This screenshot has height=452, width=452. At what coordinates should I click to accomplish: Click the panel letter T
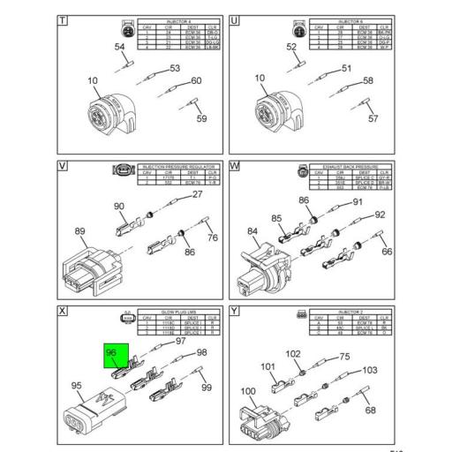coord(62,19)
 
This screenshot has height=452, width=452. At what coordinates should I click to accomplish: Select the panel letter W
coord(235,165)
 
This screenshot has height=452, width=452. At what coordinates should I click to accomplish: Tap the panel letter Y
coord(235,312)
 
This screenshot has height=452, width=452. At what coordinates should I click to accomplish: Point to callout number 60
coord(196,81)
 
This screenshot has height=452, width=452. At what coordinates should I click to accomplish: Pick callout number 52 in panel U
coord(291,47)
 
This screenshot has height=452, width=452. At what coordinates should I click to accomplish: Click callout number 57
coord(373,118)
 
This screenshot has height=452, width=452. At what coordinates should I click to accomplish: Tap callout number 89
coord(80,231)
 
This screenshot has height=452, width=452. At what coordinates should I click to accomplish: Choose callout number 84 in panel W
coord(252,233)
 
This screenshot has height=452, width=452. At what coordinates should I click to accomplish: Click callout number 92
coord(380,215)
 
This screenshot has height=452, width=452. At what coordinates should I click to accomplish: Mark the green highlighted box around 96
coord(117,360)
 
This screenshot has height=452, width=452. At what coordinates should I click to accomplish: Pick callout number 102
coord(292,353)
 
